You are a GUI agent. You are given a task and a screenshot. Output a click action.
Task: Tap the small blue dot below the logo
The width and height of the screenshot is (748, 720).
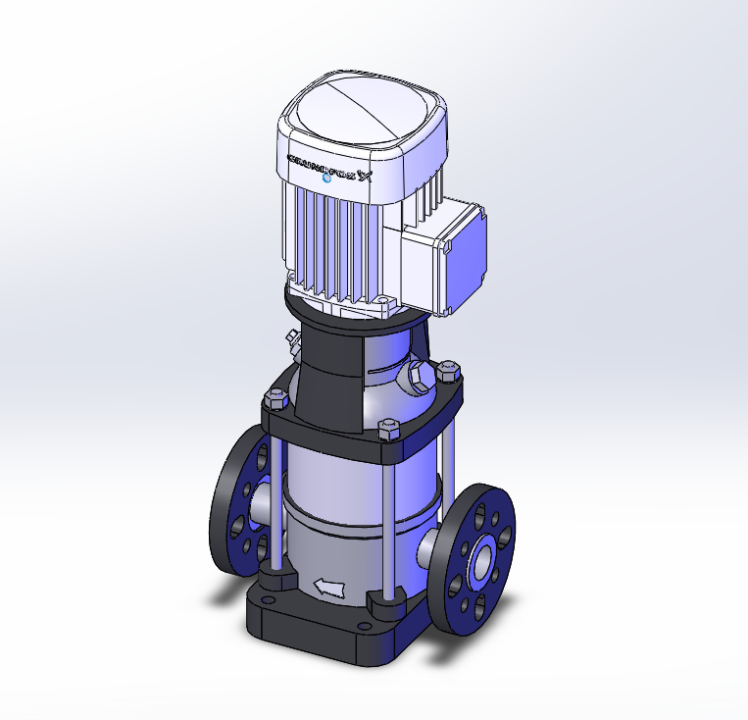[326, 180]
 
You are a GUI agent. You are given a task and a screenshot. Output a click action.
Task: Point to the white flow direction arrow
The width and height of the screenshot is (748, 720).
[328, 588]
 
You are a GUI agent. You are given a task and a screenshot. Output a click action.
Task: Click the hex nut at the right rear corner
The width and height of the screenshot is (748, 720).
[449, 372]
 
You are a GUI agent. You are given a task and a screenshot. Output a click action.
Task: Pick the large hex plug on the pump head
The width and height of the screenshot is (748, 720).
[420, 376]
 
